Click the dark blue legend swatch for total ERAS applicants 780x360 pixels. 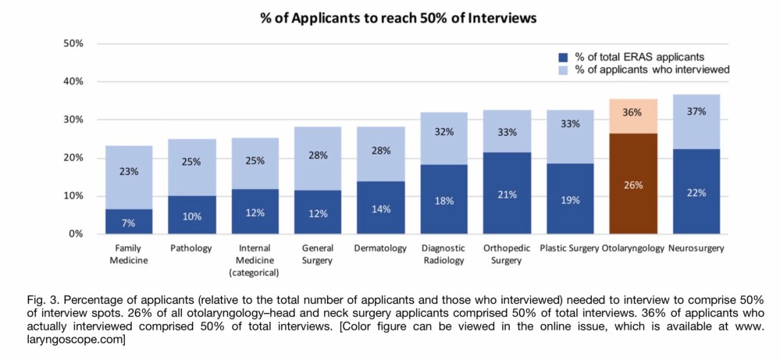(x=562, y=57)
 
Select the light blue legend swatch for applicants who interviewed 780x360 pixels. (x=562, y=70)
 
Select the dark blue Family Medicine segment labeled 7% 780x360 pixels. (x=128, y=221)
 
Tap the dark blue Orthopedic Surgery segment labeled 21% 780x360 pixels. (x=508, y=193)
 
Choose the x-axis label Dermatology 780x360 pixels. (x=381, y=248)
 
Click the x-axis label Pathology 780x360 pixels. (x=191, y=248)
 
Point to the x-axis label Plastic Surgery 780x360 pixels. (x=570, y=248)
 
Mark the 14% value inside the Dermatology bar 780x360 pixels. (x=381, y=210)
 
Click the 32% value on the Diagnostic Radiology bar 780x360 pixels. (x=444, y=133)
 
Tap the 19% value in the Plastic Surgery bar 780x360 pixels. (x=570, y=200)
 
